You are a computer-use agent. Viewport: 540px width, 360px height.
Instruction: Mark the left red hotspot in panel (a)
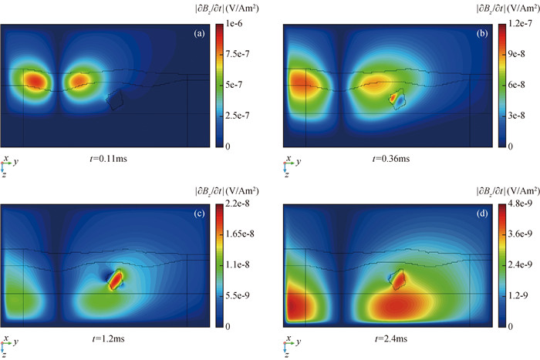pyautogui.click(x=33, y=79)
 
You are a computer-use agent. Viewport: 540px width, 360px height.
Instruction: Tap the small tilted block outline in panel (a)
pyautogui.click(x=116, y=99)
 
